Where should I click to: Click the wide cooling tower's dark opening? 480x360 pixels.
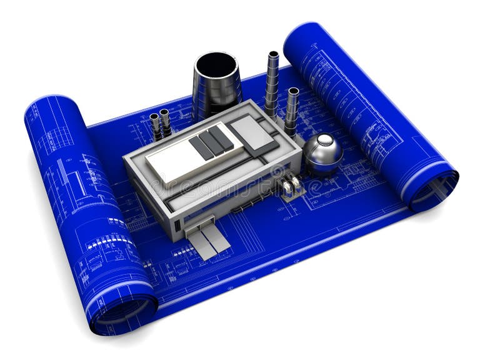[x=216, y=64]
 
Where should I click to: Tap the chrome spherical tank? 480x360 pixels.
[x=322, y=153]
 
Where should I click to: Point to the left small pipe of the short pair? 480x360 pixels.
[x=155, y=126]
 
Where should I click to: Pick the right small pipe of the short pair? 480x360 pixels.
[x=166, y=122]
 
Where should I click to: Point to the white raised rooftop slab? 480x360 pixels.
[x=175, y=159]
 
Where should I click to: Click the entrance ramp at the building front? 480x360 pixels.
[x=209, y=241]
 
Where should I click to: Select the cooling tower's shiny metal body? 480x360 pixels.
[x=216, y=94]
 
